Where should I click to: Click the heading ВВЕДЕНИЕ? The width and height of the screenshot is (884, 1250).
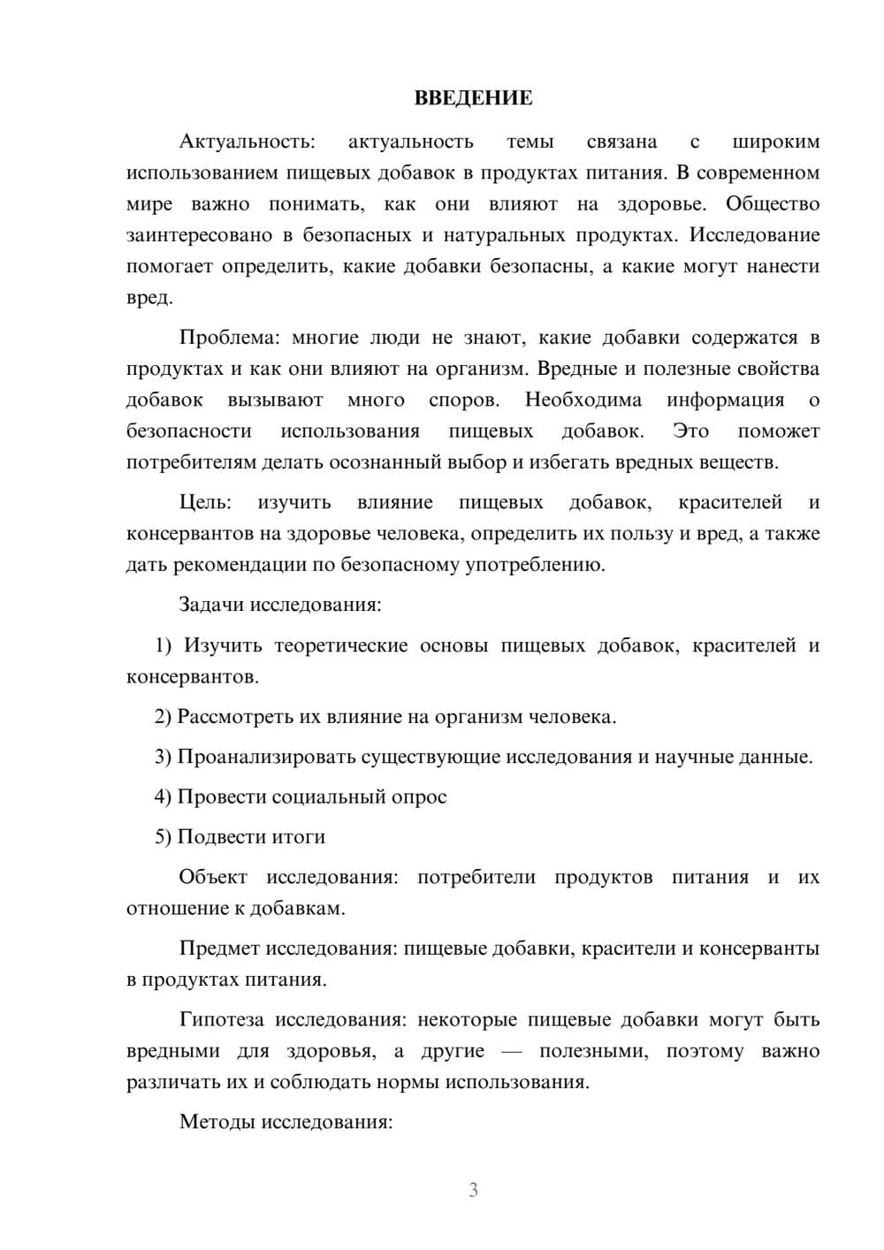pyautogui.click(x=473, y=98)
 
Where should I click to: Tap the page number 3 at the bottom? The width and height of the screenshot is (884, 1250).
pyautogui.click(x=473, y=1190)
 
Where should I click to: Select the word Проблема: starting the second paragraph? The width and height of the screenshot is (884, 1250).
pyautogui.click(x=225, y=338)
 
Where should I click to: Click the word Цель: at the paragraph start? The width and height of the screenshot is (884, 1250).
pyautogui.click(x=205, y=503)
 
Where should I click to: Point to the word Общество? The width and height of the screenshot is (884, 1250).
pyautogui.click(x=773, y=204)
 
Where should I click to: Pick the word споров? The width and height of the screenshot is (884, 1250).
pyautogui.click(x=464, y=400)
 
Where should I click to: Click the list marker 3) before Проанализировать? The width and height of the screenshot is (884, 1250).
pyautogui.click(x=164, y=758)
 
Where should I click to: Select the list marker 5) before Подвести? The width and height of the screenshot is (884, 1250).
pyautogui.click(x=164, y=837)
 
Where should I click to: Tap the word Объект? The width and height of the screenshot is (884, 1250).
pyautogui.click(x=213, y=878)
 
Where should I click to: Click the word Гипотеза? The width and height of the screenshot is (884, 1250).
pyautogui.click(x=222, y=1020)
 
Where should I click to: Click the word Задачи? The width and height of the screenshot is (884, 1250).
pyautogui.click(x=212, y=606)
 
